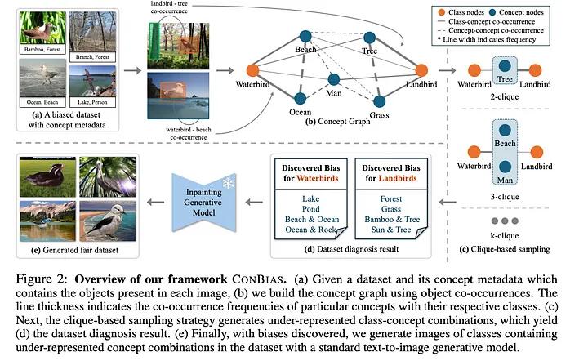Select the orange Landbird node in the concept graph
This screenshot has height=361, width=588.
pos(421,70)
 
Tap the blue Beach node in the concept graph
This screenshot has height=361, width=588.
pos(306,35)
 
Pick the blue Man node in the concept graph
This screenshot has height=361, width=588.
pos(333,80)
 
